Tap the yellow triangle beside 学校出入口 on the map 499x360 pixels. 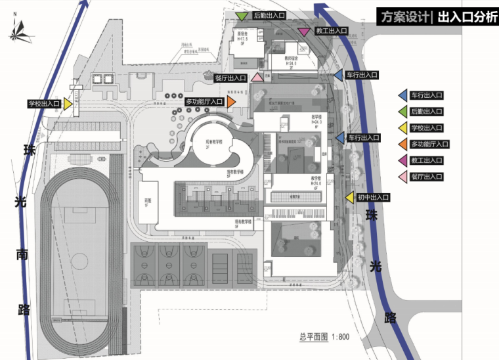pos(67,104)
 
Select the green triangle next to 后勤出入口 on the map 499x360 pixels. pos(242,15)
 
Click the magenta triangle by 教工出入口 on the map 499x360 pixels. pos(303,32)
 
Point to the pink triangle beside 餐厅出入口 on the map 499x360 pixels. pos(258,78)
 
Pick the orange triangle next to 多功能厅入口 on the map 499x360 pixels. pos(232,102)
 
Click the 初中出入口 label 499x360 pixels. pos(373,198)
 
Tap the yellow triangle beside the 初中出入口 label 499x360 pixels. pos(349,198)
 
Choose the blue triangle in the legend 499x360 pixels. pos(402,95)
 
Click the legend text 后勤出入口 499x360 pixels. pos(427,112)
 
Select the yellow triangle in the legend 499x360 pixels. pos(402,127)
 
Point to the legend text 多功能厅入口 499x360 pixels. pos(429,144)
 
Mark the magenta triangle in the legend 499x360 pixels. pos(402,160)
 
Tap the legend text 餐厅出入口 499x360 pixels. pos(427,177)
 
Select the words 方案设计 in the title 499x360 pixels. pos(403,18)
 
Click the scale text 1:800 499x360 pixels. pos(339,337)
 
